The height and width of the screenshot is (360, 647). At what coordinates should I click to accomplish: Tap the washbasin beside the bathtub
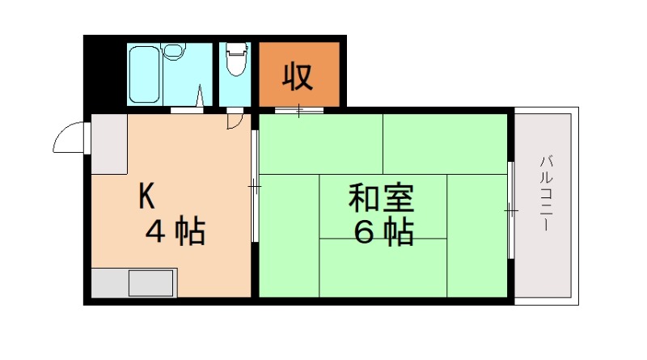pos(174,52)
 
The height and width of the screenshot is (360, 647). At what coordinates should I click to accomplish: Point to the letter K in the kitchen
pos(146,195)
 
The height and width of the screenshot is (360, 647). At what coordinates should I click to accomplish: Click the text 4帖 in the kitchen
pos(175,232)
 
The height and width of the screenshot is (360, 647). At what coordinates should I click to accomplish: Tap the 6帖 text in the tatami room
pos(383,233)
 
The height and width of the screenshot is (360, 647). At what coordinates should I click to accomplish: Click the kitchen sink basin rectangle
pos(151,283)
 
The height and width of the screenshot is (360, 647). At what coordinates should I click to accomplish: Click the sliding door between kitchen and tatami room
pos(255,186)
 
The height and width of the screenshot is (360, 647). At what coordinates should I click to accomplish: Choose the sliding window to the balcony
pos(511,210)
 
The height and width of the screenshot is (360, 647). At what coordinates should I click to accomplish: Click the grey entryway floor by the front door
pos(109,144)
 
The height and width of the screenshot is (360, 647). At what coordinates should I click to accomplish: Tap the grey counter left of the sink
pos(109,283)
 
